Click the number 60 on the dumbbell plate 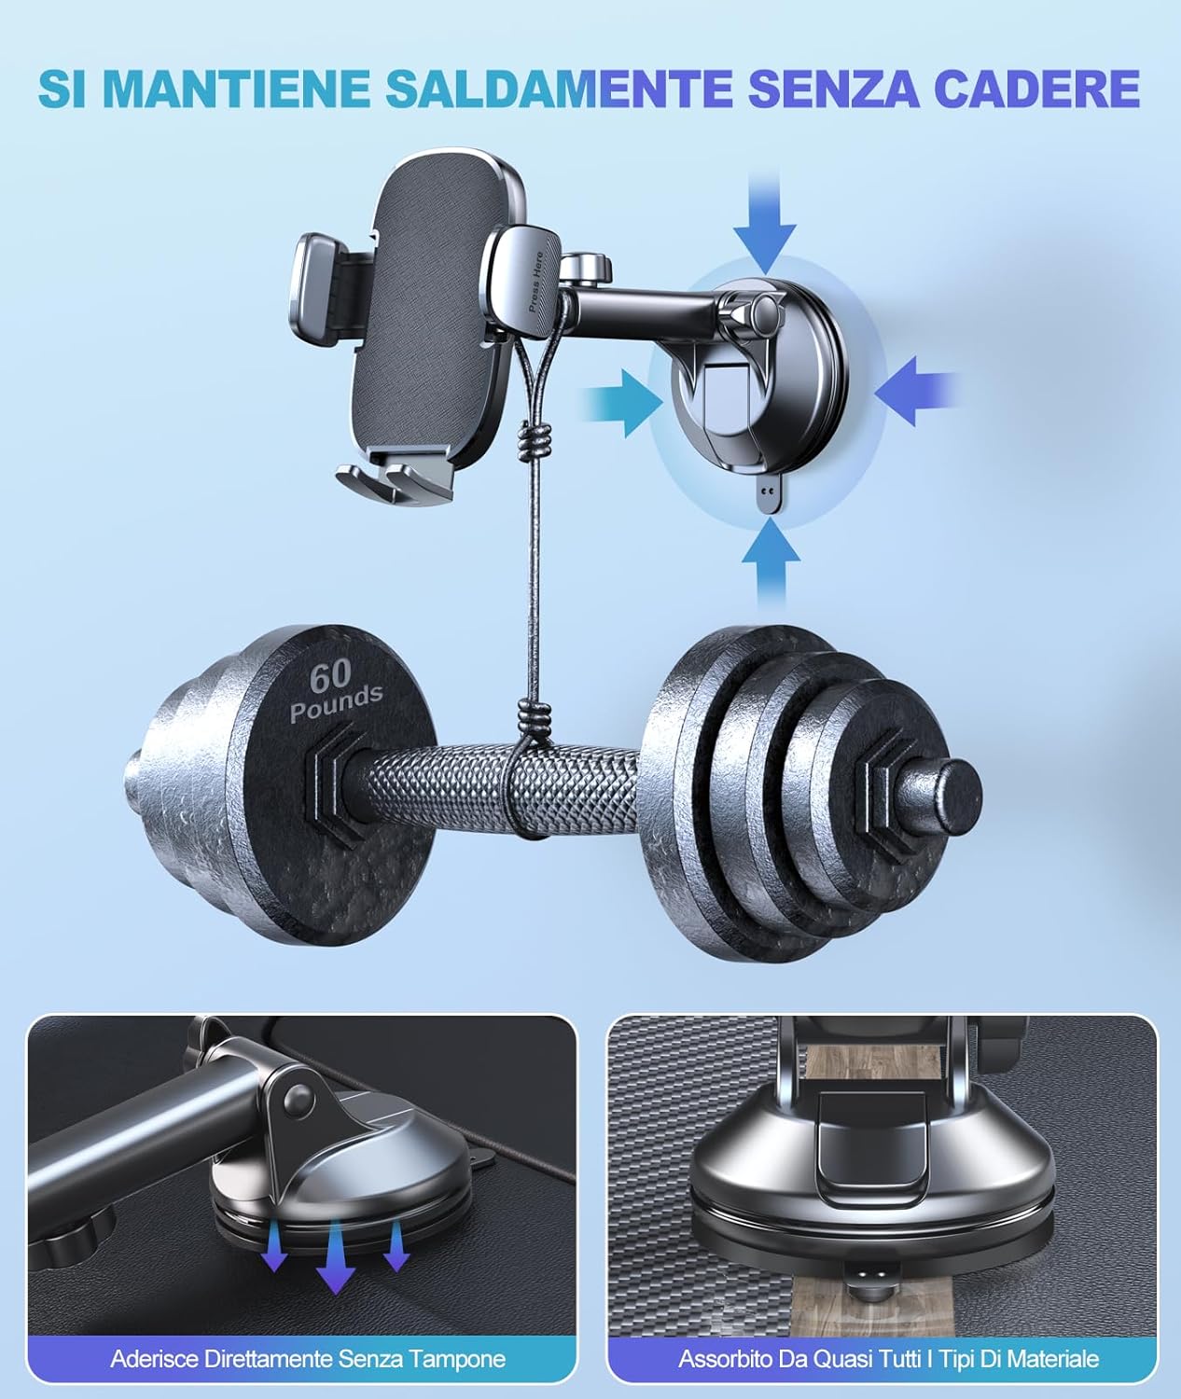[330, 677]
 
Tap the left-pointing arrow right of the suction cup [917, 392]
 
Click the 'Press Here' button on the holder [527, 276]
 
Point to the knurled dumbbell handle [493, 790]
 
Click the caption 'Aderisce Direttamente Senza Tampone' [308, 1359]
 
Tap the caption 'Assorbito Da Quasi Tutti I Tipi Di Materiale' [888, 1359]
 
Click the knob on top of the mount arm [586, 268]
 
